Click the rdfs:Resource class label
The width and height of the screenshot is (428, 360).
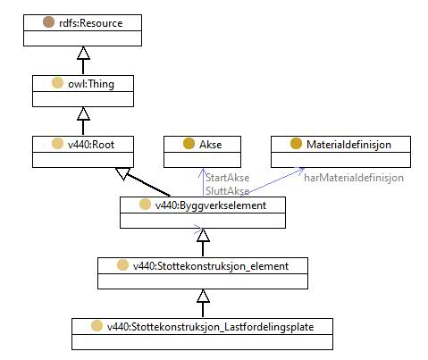[x=91, y=23]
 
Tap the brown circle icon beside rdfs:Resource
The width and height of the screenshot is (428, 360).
[x=48, y=22]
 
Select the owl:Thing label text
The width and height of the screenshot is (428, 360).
[x=91, y=84]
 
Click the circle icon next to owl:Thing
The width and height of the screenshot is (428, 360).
[x=57, y=83]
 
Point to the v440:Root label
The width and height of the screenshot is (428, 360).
[x=91, y=145]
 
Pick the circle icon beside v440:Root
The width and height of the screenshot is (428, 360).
[x=57, y=144]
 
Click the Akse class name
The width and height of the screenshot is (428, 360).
[x=211, y=145]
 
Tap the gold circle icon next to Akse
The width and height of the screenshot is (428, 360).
[x=189, y=144]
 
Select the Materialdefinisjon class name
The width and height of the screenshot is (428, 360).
[x=348, y=145]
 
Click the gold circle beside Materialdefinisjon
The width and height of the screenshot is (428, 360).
[x=296, y=144]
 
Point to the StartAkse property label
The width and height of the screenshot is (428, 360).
[x=228, y=178]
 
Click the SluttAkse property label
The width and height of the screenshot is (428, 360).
[x=228, y=191]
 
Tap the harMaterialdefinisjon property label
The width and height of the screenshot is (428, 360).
[x=354, y=178]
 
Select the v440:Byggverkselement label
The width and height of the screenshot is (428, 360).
[x=211, y=205]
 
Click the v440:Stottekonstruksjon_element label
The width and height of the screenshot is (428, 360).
[x=211, y=266]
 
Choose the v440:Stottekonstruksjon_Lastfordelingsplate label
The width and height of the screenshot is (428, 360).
[x=211, y=327]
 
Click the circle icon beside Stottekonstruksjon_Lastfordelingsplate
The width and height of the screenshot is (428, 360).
[x=97, y=326]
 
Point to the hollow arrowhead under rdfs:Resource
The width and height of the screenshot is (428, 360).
[x=83, y=53]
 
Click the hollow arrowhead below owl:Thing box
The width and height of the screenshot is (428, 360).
[x=83, y=113]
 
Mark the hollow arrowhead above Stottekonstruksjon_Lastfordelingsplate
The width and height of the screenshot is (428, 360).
[x=203, y=296]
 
